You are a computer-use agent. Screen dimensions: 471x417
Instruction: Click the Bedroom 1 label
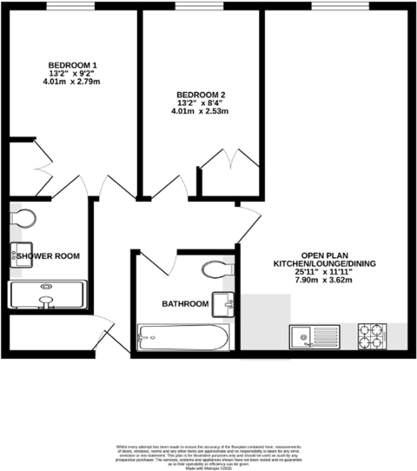(71, 66)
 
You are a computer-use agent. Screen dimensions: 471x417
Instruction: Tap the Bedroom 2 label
(201, 95)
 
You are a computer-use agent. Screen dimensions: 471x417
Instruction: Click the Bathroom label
(185, 304)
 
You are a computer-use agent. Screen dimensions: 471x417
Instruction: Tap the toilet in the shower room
(24, 217)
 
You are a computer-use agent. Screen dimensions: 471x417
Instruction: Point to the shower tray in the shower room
(48, 295)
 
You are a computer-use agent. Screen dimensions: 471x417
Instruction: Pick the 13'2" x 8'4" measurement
(201, 103)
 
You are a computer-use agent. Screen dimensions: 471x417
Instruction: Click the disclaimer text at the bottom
(208, 453)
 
